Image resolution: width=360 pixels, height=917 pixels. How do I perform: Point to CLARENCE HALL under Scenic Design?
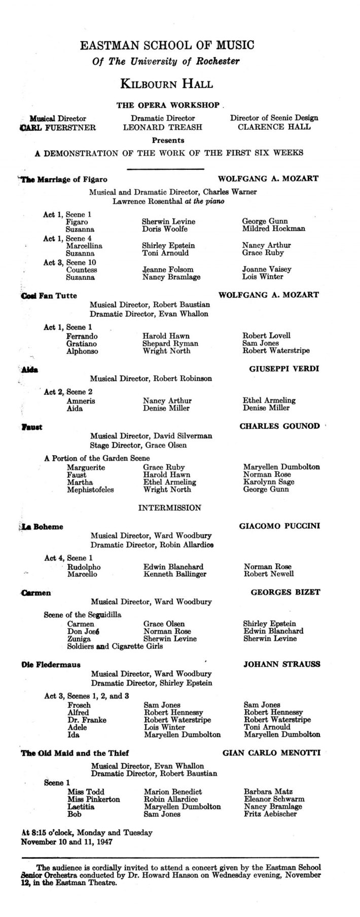pyautogui.click(x=274, y=128)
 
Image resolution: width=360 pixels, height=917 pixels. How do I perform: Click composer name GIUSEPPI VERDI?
pyautogui.click(x=284, y=369)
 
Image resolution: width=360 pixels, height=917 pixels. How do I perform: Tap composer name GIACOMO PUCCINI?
pyautogui.click(x=279, y=526)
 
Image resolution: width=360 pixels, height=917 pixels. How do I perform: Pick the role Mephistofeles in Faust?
pyautogui.click(x=90, y=490)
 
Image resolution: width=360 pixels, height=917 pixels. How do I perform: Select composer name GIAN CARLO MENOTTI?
pyautogui.click(x=271, y=753)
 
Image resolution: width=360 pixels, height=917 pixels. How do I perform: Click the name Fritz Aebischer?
pyautogui.click(x=270, y=814)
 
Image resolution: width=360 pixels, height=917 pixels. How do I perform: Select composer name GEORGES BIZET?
pyautogui.click(x=285, y=592)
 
